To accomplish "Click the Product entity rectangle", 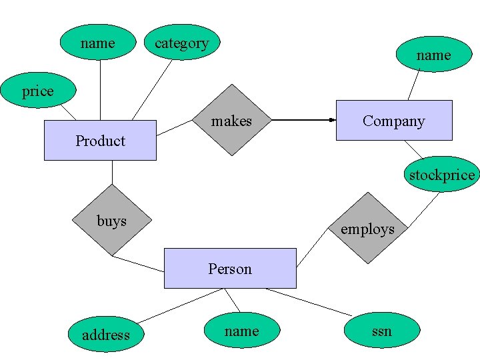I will point(100,140).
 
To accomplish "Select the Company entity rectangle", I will point(393,120).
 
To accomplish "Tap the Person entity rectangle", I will point(230,268).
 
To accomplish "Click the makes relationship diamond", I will point(231,120).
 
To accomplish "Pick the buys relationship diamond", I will point(111,220).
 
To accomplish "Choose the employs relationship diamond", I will point(367,228).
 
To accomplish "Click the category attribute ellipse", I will point(181,43).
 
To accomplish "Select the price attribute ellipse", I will point(37,91).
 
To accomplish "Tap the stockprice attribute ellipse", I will point(442,175).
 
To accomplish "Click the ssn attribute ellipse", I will point(382,331).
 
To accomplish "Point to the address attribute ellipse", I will point(105,334).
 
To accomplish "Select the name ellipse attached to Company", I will point(433,55).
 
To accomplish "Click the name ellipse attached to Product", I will point(97,43).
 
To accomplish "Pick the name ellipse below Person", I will point(241,331).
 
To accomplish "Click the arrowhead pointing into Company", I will point(331,120).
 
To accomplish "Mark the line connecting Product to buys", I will point(112,172).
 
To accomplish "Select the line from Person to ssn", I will point(308,302).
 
